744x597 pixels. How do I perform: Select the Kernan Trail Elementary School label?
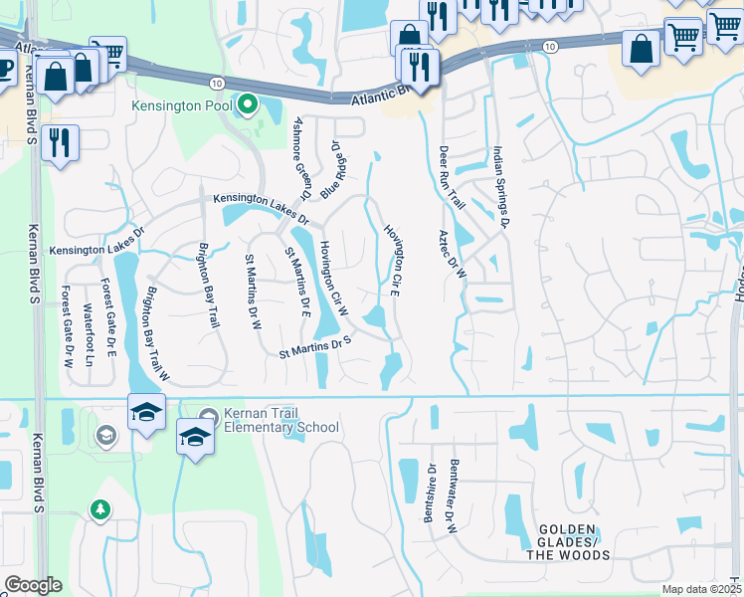(x=282, y=420)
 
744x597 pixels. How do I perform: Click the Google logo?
(x=32, y=585)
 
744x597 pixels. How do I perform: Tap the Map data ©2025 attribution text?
(x=702, y=589)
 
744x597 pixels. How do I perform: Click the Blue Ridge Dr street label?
(x=329, y=167)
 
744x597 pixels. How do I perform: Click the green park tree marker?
(x=99, y=509)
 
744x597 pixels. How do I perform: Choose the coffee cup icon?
(x=4, y=67)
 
